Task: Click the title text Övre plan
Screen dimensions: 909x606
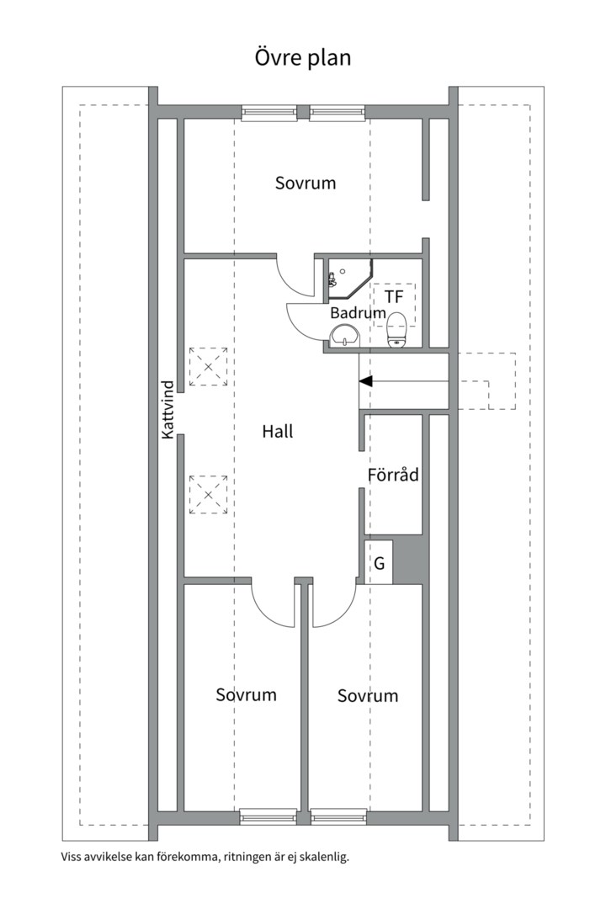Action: pyautogui.click(x=303, y=57)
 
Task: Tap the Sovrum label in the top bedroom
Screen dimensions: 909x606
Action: pyautogui.click(x=306, y=183)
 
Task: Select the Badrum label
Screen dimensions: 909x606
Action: pyautogui.click(x=358, y=312)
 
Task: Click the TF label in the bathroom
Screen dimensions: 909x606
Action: pyautogui.click(x=394, y=297)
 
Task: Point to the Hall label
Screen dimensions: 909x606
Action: pyautogui.click(x=278, y=432)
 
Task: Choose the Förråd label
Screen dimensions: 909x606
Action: pyautogui.click(x=393, y=475)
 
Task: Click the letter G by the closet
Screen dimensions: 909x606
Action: pyautogui.click(x=380, y=563)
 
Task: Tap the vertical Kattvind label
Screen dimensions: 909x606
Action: pyautogui.click(x=167, y=409)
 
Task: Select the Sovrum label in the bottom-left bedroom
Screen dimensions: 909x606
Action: pyautogui.click(x=246, y=694)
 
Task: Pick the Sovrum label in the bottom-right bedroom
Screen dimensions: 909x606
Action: pyautogui.click(x=368, y=696)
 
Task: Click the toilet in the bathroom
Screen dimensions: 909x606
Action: pyautogui.click(x=396, y=329)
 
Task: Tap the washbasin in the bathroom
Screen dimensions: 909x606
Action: pyautogui.click(x=345, y=338)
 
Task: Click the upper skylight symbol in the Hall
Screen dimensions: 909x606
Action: pyautogui.click(x=208, y=366)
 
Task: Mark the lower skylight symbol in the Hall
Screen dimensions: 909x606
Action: pyautogui.click(x=208, y=494)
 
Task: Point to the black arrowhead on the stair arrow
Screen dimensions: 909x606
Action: pyautogui.click(x=365, y=382)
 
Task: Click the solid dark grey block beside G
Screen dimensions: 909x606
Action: pyautogui.click(x=411, y=559)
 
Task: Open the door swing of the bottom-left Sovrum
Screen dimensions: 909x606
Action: pyautogui.click(x=271, y=603)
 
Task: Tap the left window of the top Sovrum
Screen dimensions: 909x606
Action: pyautogui.click(x=269, y=113)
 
